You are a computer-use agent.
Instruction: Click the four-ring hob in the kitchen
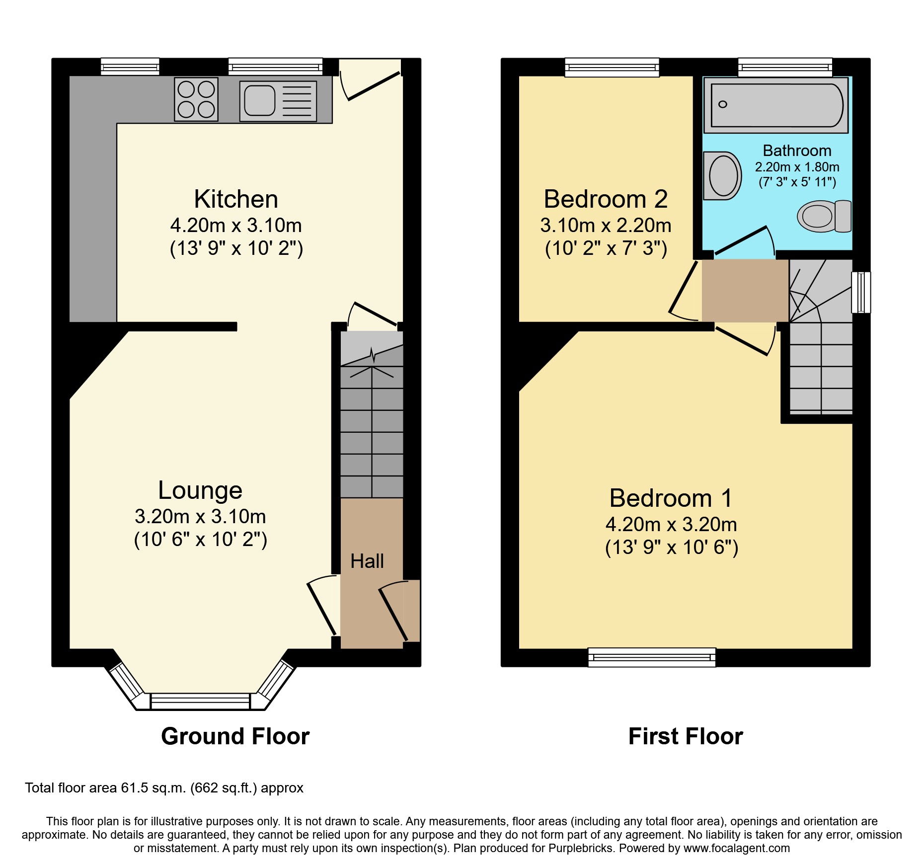[196, 99]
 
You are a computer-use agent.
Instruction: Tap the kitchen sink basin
[260, 100]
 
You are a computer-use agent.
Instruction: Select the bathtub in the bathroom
[776, 105]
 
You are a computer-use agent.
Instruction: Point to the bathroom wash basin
[722, 176]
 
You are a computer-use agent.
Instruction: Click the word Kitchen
[236, 199]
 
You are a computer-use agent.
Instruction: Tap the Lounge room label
[200, 490]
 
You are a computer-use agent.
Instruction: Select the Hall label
[367, 561]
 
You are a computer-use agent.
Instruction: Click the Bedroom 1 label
[671, 498]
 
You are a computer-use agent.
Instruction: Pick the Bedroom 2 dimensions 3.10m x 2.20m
[606, 226]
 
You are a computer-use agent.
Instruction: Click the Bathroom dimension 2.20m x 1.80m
[797, 167]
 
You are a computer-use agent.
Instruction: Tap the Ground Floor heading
[235, 736]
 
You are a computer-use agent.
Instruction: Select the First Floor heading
[686, 736]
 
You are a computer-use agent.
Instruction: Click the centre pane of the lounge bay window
[200, 702]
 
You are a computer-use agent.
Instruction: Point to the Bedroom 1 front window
[652, 657]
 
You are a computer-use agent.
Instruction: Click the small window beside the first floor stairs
[861, 292]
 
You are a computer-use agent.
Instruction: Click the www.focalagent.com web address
[737, 848]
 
